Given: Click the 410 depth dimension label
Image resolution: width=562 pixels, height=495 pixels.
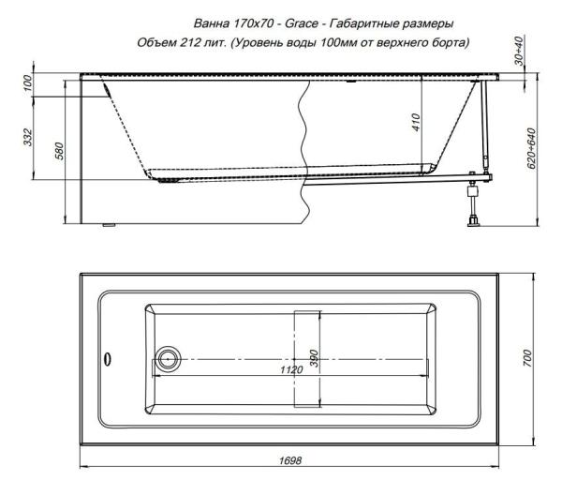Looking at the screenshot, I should [x=415, y=120].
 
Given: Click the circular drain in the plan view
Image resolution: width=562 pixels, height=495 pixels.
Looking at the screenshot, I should [x=169, y=356].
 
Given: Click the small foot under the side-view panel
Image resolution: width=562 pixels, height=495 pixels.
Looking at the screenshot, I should [x=107, y=225].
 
